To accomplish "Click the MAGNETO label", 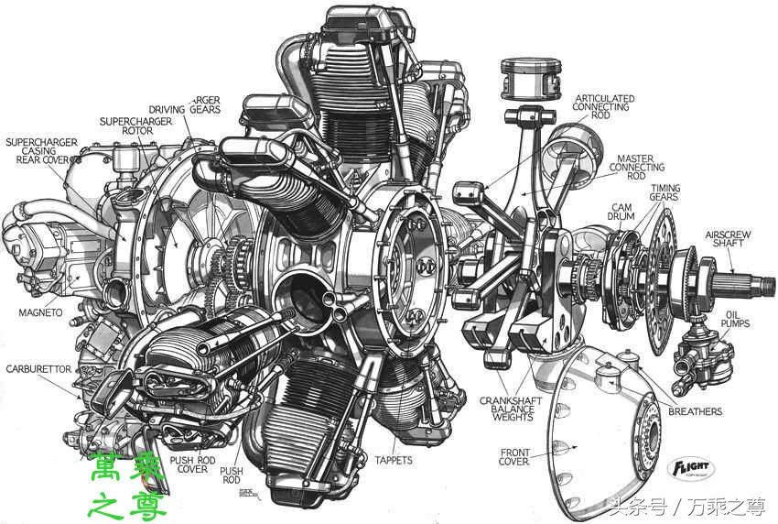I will [x=40, y=312].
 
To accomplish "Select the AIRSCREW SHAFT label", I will [x=729, y=240].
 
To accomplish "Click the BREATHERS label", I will [x=696, y=411].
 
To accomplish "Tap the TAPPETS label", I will [x=394, y=459].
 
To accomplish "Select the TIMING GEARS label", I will [x=665, y=192].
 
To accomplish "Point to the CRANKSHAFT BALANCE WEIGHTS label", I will [x=512, y=409].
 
